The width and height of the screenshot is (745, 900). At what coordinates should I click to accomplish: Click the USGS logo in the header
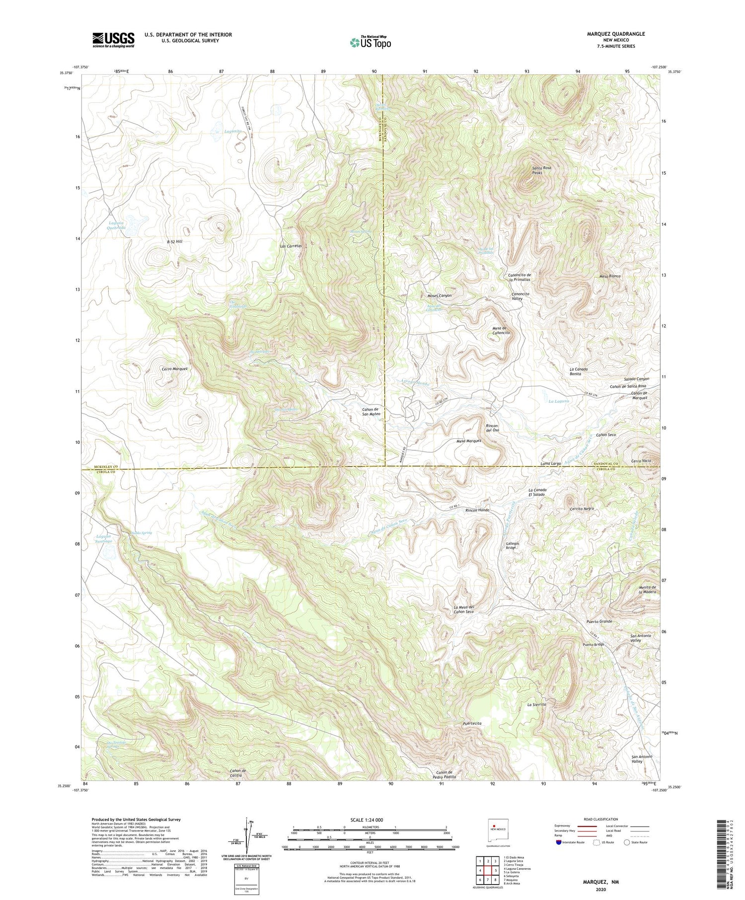point(113,40)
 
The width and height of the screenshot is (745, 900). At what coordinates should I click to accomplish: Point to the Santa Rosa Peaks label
point(541,171)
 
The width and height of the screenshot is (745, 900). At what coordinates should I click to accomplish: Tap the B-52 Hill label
point(175,241)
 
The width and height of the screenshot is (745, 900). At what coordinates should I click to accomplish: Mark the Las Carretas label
point(291,246)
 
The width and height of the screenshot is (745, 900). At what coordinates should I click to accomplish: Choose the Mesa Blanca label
point(610,276)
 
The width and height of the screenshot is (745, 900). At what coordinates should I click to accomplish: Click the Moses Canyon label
point(440,295)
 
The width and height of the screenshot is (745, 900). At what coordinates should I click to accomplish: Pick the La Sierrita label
point(536,704)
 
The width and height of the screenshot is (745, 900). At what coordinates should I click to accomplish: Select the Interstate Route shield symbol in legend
point(559,842)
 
